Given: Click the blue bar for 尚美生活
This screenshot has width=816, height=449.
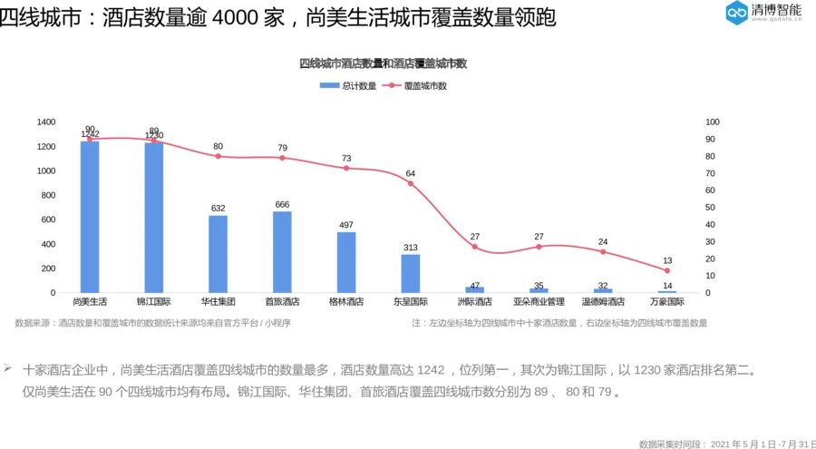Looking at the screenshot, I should coord(90,218).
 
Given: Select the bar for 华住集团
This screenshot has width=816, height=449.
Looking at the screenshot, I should coord(218,254).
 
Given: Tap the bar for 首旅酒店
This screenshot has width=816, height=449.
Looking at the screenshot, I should coord(282,252).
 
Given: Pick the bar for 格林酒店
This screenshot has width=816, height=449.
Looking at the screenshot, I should coord(346,263).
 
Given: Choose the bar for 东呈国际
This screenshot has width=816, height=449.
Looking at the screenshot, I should coord(411,274).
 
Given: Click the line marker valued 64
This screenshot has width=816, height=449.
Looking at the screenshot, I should coord(411,184).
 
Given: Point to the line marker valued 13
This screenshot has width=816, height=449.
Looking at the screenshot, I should coord(667,270).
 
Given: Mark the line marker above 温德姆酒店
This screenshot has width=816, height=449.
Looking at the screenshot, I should coord(603,252).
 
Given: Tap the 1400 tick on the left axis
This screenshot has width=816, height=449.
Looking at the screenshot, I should coord(46,122).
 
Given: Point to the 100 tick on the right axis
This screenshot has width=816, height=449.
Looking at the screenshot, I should coord(712,122).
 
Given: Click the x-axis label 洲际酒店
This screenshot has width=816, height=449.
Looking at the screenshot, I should coord(474,301).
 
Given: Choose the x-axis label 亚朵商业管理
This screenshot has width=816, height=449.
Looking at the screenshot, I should coord(539,301).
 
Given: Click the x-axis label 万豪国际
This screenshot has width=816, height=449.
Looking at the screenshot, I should coord(667,301).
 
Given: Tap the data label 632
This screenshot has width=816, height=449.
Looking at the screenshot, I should coord(218,209).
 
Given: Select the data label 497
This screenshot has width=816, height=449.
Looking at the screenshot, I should coord(346,225).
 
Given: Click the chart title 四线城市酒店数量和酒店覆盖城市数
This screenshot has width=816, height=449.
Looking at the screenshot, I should coord(383,63).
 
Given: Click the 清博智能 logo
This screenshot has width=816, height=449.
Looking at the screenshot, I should coord(763,13).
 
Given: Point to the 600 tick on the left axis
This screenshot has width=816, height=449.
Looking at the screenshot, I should coord(49,220).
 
